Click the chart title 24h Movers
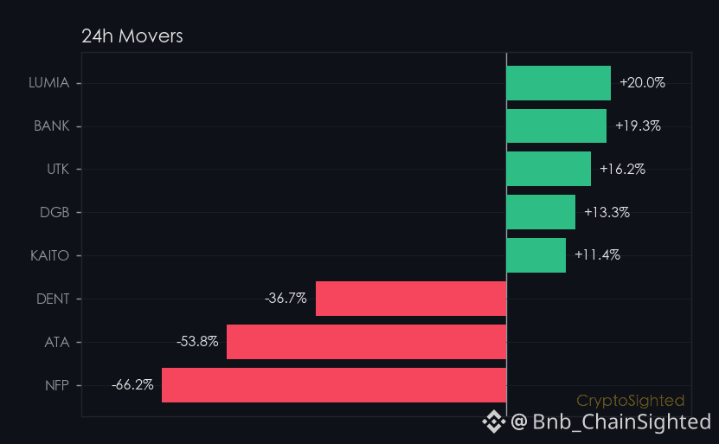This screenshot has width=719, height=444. click(132, 36)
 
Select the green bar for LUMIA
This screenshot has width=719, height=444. click(559, 83)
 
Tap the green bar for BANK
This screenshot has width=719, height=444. click(556, 125)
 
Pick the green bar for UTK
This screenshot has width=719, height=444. click(549, 169)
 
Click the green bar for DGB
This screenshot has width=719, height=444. click(541, 212)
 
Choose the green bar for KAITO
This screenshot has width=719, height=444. click(536, 255)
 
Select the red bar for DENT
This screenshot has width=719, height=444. click(411, 299)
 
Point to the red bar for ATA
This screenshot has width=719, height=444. click(366, 342)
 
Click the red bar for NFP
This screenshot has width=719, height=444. click(334, 385)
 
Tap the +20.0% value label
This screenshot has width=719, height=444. click(642, 82)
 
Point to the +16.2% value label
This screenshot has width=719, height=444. click(622, 170)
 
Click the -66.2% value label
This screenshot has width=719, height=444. click(132, 384)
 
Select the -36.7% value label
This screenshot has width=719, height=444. click(286, 298)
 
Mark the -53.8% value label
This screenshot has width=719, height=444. click(197, 341)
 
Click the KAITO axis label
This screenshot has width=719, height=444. click(49, 255)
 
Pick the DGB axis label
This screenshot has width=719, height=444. click(55, 212)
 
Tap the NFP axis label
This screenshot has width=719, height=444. click(57, 385)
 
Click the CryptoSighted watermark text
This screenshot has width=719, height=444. click(630, 401)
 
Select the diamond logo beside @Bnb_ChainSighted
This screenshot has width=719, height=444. click(494, 421)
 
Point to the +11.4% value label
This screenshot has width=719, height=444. click(598, 254)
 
